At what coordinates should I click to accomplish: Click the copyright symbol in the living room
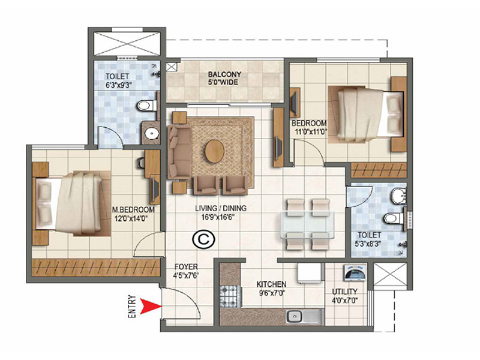(x=199, y=239)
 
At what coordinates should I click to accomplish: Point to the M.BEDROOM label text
(x=134, y=209)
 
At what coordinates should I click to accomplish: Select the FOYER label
(x=184, y=268)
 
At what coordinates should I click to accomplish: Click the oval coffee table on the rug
(x=214, y=150)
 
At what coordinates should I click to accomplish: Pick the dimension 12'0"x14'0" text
(x=134, y=218)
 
